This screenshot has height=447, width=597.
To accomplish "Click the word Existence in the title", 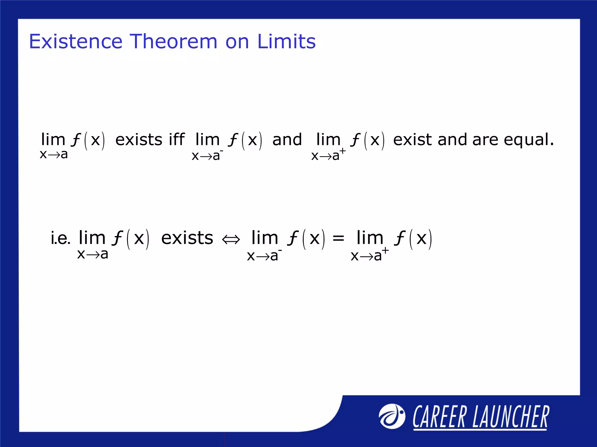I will tap(75, 41).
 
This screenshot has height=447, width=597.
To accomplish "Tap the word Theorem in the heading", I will tap(173, 41).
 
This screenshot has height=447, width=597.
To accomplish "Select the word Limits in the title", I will tap(286, 41).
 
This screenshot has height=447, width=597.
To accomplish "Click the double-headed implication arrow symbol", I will tap(231, 240).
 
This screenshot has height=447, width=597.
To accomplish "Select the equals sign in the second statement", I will tap(338, 238).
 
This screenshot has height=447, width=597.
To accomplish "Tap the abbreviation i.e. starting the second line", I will tap(60, 238).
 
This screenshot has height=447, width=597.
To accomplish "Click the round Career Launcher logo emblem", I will tap(391, 416).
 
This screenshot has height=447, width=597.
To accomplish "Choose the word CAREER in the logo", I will tap(439, 417).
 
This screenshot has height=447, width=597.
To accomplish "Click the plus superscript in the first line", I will tap(343, 151).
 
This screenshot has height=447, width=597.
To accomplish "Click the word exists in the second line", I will tap(187, 238).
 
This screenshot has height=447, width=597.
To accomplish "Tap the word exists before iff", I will tap(139, 140).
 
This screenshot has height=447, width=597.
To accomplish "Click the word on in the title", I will tap(237, 41).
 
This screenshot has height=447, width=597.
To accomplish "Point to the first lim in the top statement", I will tap(53, 139).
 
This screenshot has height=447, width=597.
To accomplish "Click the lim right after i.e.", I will tap(92, 238).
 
